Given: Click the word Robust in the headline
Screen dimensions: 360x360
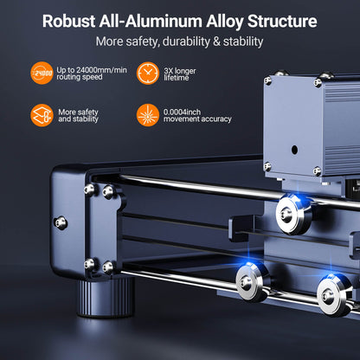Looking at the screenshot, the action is (68, 21).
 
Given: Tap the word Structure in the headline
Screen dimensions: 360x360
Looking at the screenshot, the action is (282, 21).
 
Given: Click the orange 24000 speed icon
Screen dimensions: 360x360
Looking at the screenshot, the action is (42, 73).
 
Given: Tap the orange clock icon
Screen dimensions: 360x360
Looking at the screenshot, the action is (148, 73).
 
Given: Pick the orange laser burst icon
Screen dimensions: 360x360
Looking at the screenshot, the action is (148, 115).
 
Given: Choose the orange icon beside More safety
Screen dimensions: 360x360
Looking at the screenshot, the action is (42, 115).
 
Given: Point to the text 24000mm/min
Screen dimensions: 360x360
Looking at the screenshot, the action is (101, 70).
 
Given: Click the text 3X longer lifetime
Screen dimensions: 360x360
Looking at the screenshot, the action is (180, 74).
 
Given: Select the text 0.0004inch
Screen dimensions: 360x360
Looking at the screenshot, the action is (182, 112).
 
